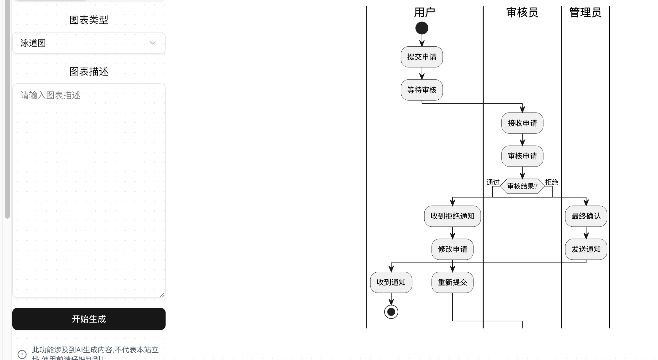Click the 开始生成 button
(x=89, y=319)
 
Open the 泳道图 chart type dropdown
(x=89, y=43)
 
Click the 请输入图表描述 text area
(x=89, y=190)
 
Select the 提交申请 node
(x=422, y=57)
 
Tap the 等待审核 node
(x=422, y=90)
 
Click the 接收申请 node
(x=522, y=123)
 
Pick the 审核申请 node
(x=522, y=156)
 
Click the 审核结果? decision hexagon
(x=522, y=186)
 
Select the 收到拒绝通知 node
(x=452, y=216)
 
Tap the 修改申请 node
(x=452, y=249)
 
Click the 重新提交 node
(x=452, y=282)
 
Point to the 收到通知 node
(x=391, y=282)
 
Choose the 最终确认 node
(x=586, y=216)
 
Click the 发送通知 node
(x=586, y=249)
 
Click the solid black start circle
(x=422, y=28)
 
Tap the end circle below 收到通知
(x=391, y=312)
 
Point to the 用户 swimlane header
(x=424, y=13)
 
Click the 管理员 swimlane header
(x=585, y=13)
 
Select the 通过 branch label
(x=493, y=182)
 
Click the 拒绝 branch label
(x=552, y=182)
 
